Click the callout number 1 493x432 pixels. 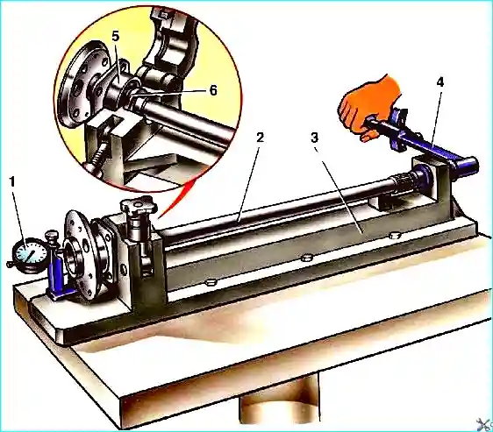click(12, 182)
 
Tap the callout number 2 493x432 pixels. click(260, 138)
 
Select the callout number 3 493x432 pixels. click(314, 138)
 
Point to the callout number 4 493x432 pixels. click(439, 82)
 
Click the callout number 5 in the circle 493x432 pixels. click(116, 37)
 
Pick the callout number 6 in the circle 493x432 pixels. click(213, 90)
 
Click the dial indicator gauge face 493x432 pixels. click(30, 254)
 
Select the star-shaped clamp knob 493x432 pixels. click(139, 204)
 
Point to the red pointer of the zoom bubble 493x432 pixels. click(176, 199)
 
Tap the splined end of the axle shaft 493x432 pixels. click(404, 181)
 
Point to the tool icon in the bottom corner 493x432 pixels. click(485, 425)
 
